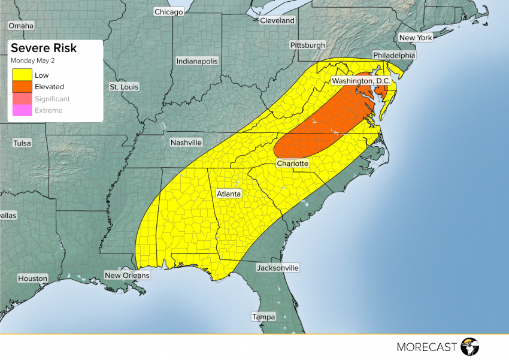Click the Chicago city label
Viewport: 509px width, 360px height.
tap(168, 12)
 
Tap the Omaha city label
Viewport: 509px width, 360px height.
tap(21, 26)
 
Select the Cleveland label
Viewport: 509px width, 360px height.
tap(277, 20)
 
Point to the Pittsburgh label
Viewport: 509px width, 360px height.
tap(307, 46)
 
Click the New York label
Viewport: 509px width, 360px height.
tap(416, 38)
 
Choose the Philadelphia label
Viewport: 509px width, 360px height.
tap(393, 55)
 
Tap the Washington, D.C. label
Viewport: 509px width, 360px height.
tap(361, 81)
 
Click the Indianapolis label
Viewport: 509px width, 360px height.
tap(197, 61)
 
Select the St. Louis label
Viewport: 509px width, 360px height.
tap(124, 87)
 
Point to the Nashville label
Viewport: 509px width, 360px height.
tap(186, 143)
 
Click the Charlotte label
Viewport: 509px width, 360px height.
tap(292, 164)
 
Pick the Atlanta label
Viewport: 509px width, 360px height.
tap(228, 194)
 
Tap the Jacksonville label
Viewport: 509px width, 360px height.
tap(277, 268)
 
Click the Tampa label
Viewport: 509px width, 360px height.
tap(263, 317)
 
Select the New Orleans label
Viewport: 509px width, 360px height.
tap(126, 276)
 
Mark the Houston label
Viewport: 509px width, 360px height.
tap(32, 279)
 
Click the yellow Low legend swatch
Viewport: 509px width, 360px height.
tap(20, 75)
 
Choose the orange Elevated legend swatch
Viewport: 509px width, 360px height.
tap(20, 87)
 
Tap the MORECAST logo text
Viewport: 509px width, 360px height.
tap(428, 346)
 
